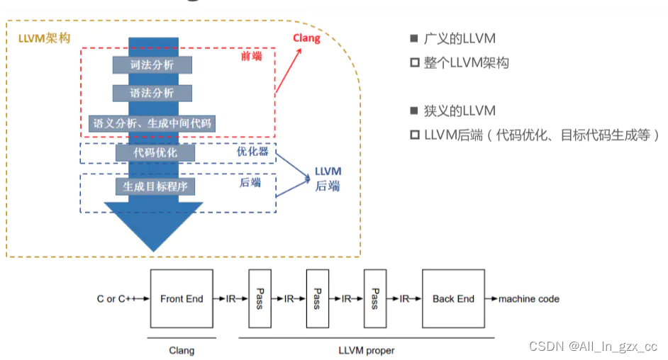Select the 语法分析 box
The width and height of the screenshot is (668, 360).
[x=152, y=93]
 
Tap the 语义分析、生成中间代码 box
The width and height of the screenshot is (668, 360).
[x=152, y=123]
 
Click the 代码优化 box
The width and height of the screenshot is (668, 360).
[x=155, y=152]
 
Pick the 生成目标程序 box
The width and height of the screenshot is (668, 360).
[x=155, y=186]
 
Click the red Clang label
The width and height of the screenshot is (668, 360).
[x=306, y=38]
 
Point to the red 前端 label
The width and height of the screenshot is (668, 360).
[x=251, y=56]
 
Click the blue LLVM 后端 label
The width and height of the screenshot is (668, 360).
[x=328, y=179]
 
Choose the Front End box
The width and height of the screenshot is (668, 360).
[x=181, y=298]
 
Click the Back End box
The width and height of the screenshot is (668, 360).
[x=453, y=298]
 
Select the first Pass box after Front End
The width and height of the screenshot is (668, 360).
[x=260, y=298]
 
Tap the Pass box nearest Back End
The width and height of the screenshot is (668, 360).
[x=375, y=298]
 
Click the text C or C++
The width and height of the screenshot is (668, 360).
[x=119, y=298]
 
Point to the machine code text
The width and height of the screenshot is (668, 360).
[x=528, y=298]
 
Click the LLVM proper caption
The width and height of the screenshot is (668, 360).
[x=366, y=350]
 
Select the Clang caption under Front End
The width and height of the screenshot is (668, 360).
[x=182, y=350]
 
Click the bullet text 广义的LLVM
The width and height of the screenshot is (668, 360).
[x=460, y=38]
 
